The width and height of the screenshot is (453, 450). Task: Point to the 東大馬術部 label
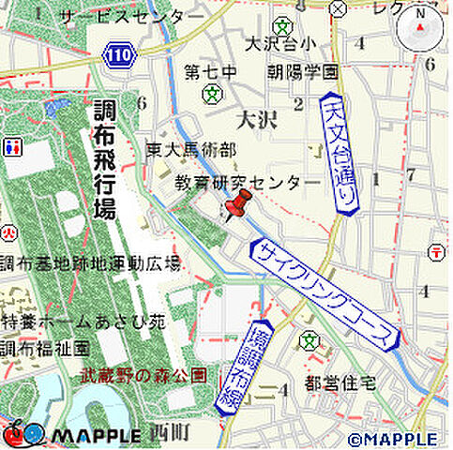tap(190, 149)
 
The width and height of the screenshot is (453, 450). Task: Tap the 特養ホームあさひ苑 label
tap(83, 322)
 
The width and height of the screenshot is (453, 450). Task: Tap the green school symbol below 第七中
tap(215, 94)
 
